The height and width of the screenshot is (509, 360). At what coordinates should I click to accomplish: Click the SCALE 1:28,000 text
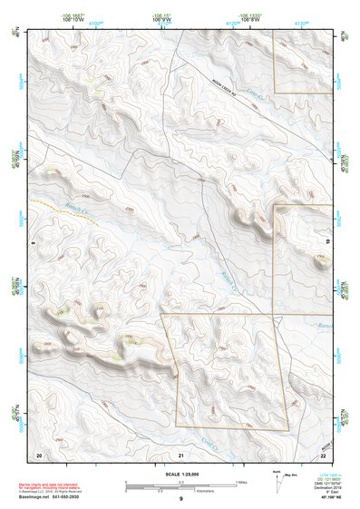tap(180, 474)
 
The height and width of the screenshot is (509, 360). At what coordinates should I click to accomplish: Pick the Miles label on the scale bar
tap(241, 481)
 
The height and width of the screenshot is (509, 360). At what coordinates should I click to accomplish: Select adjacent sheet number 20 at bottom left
tap(38, 454)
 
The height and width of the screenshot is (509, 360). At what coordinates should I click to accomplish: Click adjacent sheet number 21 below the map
tap(180, 454)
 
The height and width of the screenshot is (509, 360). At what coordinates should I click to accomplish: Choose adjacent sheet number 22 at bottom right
tap(323, 454)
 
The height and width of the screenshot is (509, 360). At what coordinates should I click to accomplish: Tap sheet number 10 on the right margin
tap(328, 242)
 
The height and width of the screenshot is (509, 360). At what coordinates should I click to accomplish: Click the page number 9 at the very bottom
tap(180, 500)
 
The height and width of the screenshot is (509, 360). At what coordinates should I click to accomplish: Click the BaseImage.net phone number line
tap(57, 497)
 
